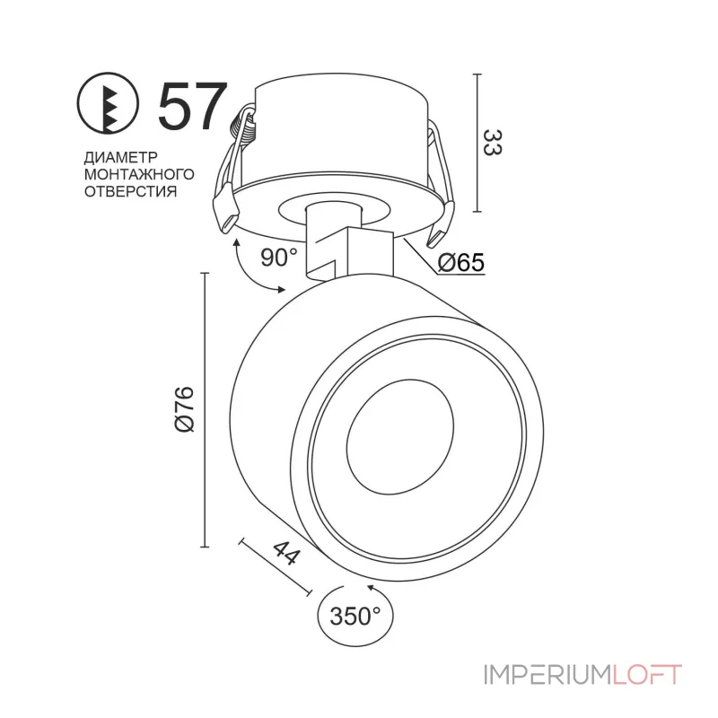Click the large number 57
point(192,106)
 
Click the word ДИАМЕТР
point(121,157)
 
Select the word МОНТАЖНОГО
point(139,174)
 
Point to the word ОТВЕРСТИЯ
point(130,191)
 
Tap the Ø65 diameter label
point(460,262)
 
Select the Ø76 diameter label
point(185,409)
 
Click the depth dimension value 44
point(286,553)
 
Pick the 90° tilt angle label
point(279,258)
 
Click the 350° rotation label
point(355,617)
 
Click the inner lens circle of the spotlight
point(400,437)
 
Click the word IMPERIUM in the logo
point(547,675)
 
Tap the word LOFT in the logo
point(646,675)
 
